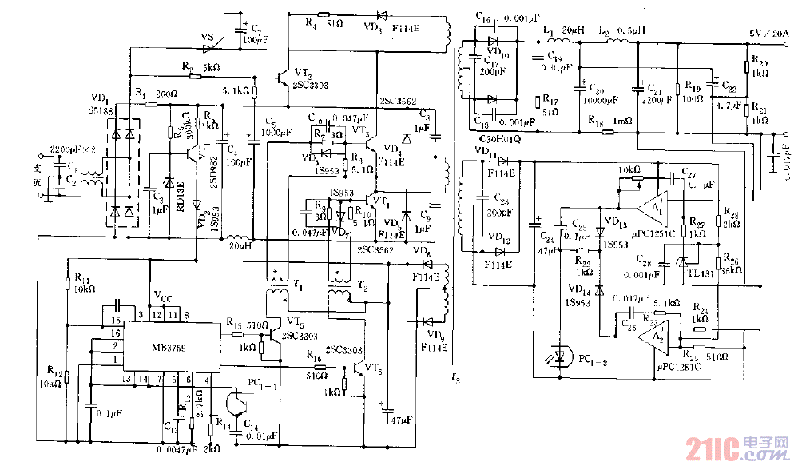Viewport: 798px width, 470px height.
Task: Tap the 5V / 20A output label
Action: [768, 33]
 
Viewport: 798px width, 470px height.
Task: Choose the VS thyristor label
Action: [206, 37]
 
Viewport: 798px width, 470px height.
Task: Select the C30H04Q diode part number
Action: [499, 139]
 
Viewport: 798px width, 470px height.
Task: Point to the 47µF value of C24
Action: [548, 250]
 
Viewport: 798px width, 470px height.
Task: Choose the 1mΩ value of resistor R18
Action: [620, 121]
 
